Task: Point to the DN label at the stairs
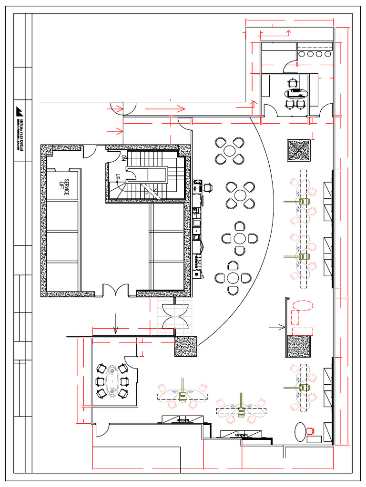coord(123,157)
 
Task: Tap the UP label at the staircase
coord(118,177)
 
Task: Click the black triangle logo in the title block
coord(20,110)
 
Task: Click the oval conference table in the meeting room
coord(112,380)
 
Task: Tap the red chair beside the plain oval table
coord(311,431)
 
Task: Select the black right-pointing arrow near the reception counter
coord(277,327)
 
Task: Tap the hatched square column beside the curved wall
coord(186,346)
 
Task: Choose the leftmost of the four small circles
coord(302,54)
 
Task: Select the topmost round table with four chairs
coord(230,151)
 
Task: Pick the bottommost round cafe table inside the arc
coord(233,277)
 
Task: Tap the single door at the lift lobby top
coord(89,151)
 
